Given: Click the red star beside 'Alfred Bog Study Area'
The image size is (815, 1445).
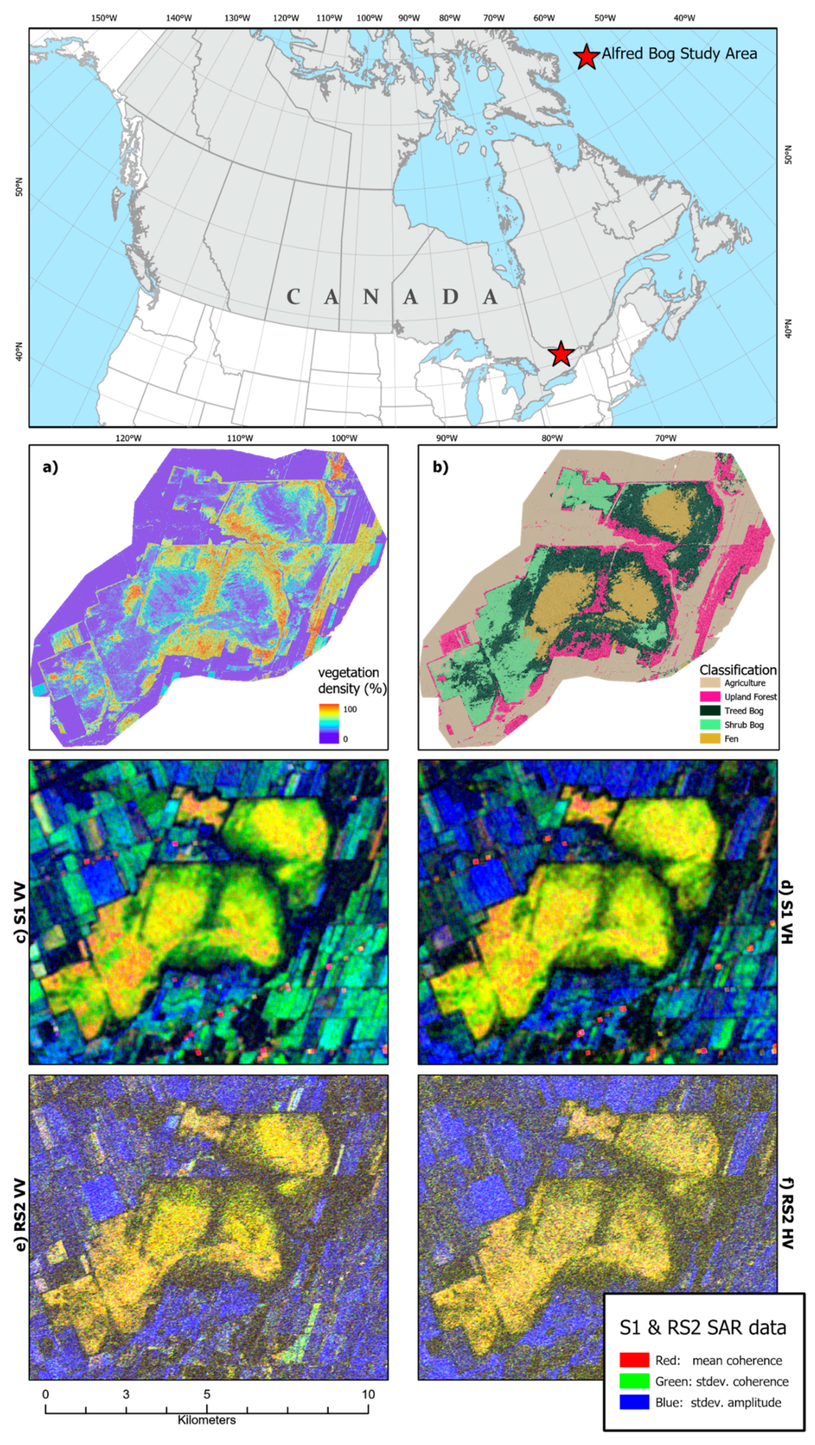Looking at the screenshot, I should pos(586,56).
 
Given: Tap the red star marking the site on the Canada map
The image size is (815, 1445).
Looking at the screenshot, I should pos(561,354).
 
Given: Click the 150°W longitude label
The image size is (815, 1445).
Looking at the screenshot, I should pos(104,18).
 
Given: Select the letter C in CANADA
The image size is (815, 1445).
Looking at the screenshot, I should pos(293,297).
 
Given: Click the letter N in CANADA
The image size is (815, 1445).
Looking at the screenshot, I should pos(371,297).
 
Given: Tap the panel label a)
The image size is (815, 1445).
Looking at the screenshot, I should pos(51,467).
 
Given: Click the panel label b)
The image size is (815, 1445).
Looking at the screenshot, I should pos(440,467).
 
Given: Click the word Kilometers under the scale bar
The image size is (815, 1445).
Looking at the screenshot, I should pos(206,1420).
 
